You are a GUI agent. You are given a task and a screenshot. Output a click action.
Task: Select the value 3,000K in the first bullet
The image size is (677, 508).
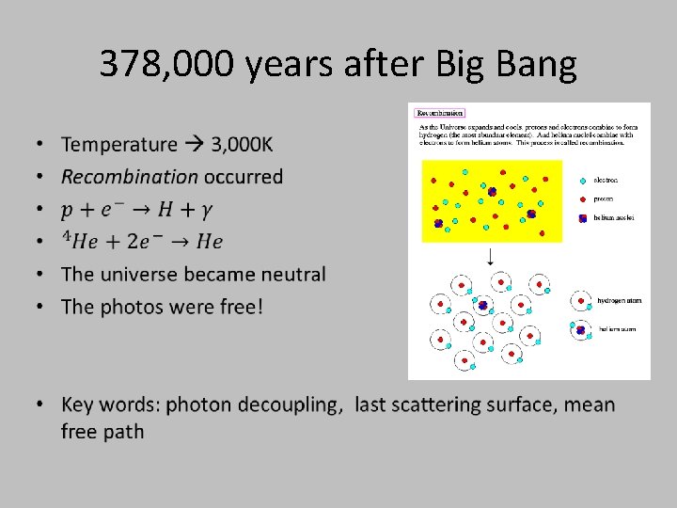(x=243, y=144)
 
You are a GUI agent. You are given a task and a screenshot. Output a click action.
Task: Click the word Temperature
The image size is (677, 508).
(x=118, y=144)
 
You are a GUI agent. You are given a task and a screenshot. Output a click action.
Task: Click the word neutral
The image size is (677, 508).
(x=290, y=275)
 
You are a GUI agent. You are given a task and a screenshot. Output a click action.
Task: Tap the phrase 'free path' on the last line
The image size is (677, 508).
(x=103, y=432)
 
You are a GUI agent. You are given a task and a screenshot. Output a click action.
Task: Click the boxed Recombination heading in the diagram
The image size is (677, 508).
(x=439, y=113)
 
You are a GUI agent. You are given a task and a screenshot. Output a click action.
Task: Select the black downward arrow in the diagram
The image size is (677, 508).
(x=489, y=255)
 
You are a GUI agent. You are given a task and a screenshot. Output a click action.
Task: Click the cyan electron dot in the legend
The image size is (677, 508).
(x=583, y=180)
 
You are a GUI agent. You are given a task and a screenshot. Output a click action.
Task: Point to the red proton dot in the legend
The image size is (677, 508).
(x=583, y=198)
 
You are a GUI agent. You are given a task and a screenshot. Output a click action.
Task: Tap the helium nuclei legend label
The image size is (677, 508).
(x=614, y=217)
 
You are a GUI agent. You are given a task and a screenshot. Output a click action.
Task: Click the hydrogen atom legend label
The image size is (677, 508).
(x=621, y=301)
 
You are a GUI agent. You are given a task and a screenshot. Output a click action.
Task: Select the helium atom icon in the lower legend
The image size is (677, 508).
(x=580, y=329)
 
